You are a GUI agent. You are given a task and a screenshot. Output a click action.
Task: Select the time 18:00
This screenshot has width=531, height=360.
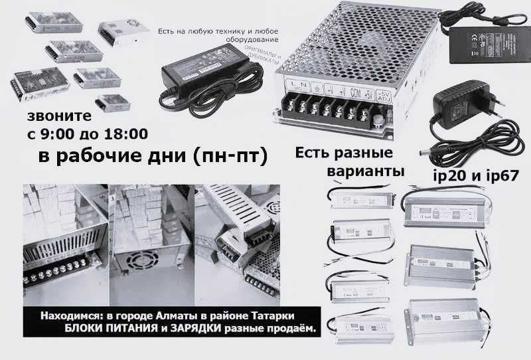point(125,134)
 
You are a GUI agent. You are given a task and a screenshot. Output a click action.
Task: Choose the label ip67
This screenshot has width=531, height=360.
point(500,178)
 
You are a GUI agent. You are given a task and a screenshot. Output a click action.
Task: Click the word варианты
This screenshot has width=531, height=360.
point(366,171)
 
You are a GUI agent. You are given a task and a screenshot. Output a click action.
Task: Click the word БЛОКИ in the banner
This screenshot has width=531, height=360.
point(83,329)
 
